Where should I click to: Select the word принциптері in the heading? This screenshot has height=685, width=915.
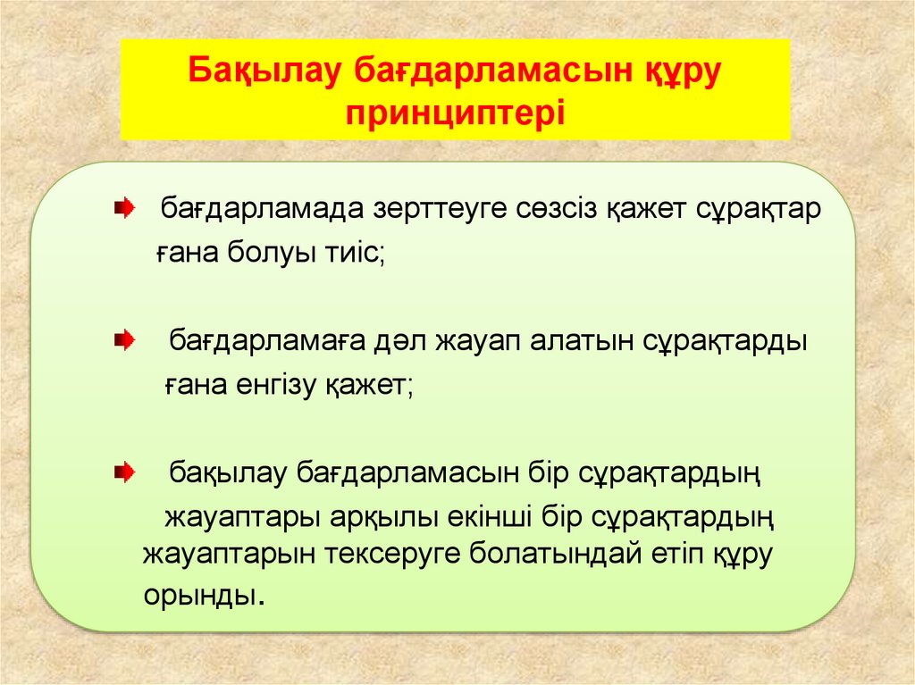pyautogui.click(x=456, y=114)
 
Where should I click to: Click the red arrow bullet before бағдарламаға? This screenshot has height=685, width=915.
pyautogui.click(x=124, y=340)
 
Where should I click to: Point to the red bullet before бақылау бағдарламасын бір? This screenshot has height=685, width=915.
pyautogui.click(x=124, y=471)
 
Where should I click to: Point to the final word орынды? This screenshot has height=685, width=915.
pyautogui.click(x=203, y=596)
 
